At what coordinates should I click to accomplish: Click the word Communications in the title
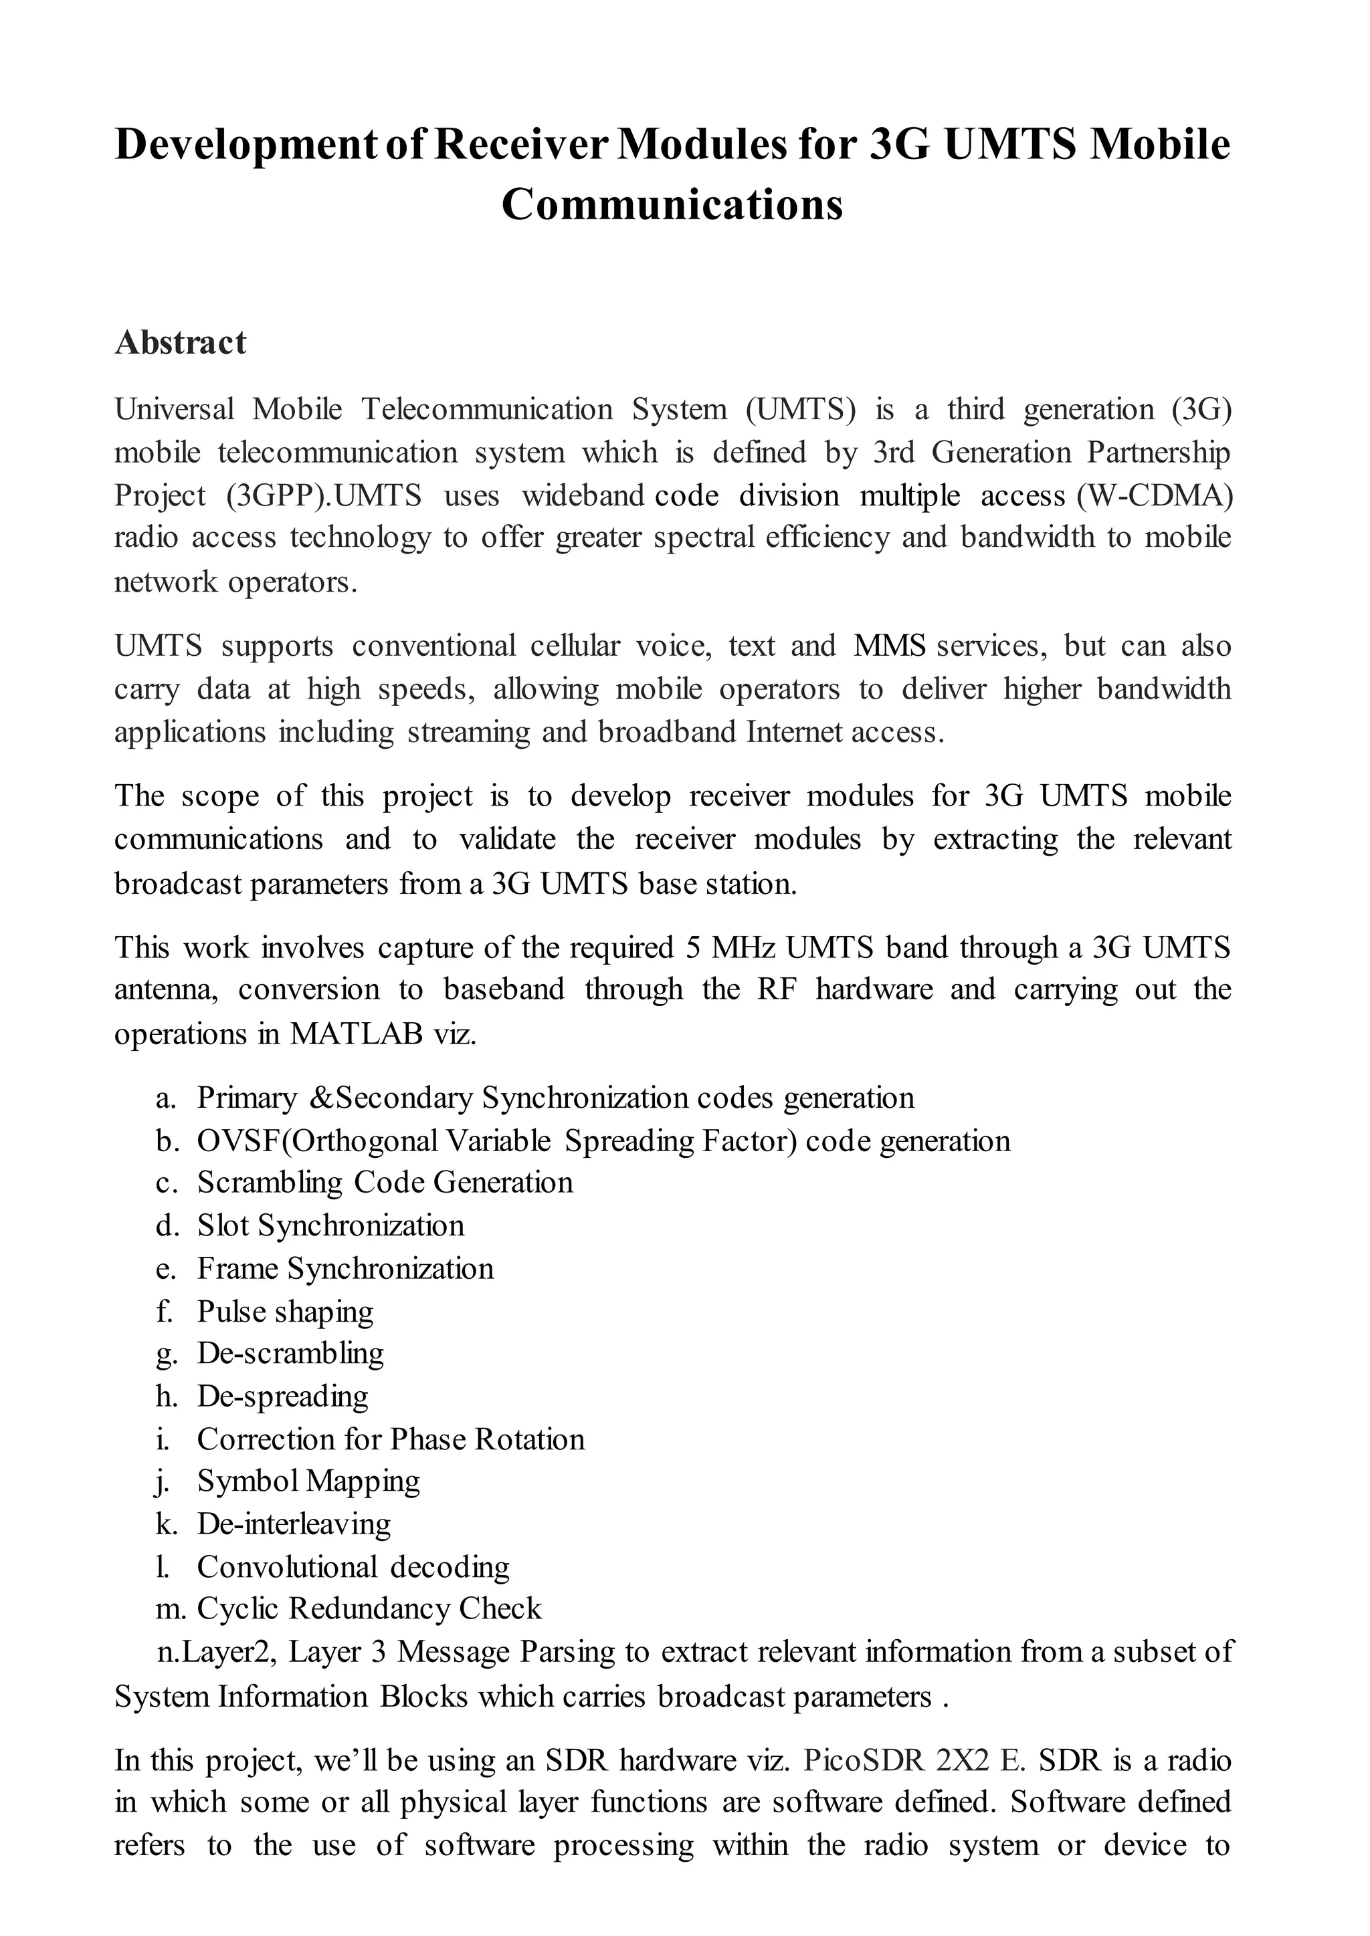(672, 205)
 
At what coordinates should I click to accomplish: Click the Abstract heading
(180, 342)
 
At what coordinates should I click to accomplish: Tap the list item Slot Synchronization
(330, 1225)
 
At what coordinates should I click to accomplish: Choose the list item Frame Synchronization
(345, 1268)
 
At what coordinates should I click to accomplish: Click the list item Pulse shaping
(285, 1311)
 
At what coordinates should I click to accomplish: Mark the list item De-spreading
(282, 1397)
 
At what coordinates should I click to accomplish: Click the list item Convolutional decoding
(353, 1567)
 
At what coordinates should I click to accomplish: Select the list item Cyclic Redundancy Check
(369, 1609)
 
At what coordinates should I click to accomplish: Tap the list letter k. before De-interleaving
(166, 1524)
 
